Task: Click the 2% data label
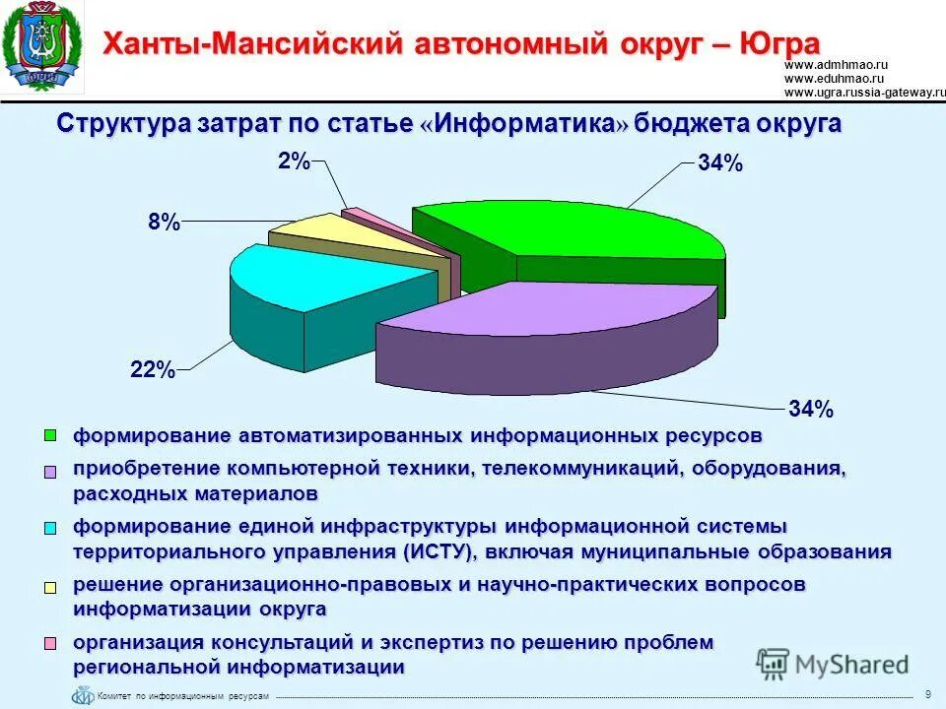pyautogui.click(x=294, y=161)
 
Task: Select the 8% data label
pyautogui.click(x=164, y=224)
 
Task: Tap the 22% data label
pyautogui.click(x=153, y=371)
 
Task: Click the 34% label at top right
pyautogui.click(x=719, y=164)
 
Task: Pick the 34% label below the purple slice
pyautogui.click(x=810, y=409)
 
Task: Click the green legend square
pyautogui.click(x=52, y=434)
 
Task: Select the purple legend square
pyautogui.click(x=52, y=472)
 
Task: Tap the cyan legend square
pyautogui.click(x=52, y=527)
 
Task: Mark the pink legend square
pyautogui.click(x=52, y=644)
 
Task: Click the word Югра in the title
pyautogui.click(x=774, y=44)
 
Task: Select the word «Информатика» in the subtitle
pyautogui.click(x=525, y=124)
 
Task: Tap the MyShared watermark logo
pyautogui.click(x=833, y=663)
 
